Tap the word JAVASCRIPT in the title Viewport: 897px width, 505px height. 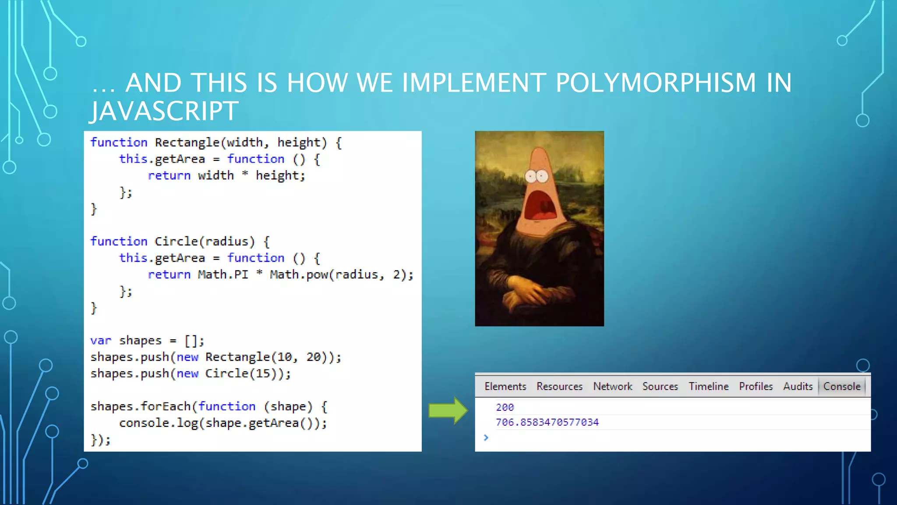[165, 111]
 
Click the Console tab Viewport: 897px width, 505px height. [841, 386]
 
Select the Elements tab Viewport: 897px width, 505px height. [505, 386]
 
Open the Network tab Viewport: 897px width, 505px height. [612, 386]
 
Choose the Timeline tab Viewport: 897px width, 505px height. [708, 386]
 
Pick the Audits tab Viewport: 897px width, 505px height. [798, 386]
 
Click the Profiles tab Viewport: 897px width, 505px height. [756, 386]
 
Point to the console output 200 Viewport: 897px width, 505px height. [505, 407]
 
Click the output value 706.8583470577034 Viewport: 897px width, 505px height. [547, 422]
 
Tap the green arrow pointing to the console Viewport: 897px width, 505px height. [448, 411]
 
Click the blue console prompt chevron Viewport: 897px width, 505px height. [486, 437]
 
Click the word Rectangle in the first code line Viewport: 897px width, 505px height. [187, 142]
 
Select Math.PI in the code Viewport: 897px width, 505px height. [223, 275]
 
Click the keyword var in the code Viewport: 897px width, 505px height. [101, 341]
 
